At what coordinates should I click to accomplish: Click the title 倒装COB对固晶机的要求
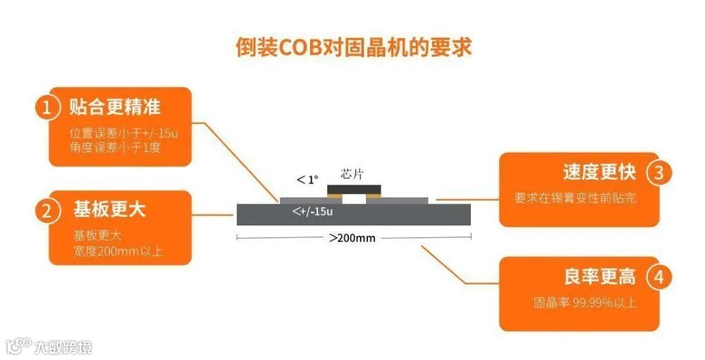tap(353, 46)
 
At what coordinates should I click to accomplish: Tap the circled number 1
tap(47, 108)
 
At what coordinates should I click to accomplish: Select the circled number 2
tap(47, 211)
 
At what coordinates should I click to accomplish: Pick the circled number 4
tap(658, 277)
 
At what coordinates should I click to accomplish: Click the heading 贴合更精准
tap(115, 107)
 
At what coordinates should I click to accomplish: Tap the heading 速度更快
tap(599, 173)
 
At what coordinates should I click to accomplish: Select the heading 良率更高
tap(599, 276)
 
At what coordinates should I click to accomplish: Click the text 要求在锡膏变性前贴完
tap(575, 198)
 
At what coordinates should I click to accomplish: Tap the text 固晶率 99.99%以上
tap(584, 303)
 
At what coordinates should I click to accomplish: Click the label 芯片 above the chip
tap(352, 173)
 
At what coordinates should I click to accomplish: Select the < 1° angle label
tap(308, 180)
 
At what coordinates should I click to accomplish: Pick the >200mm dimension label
tap(352, 237)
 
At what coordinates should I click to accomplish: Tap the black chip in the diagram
tap(354, 188)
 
